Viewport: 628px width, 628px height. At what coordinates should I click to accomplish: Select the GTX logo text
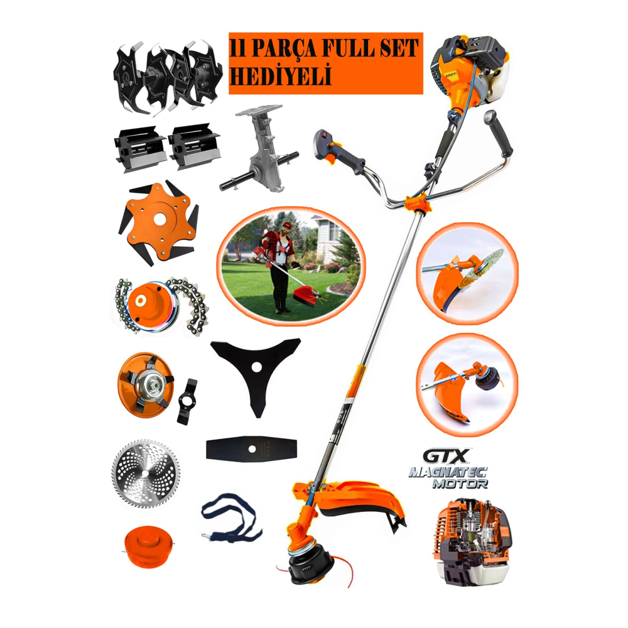(x=446, y=456)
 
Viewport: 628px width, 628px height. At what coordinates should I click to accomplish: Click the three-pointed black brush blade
(x=255, y=371)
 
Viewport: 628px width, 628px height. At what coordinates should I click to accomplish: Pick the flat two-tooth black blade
(x=251, y=449)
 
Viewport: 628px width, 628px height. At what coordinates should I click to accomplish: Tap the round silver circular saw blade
(x=146, y=474)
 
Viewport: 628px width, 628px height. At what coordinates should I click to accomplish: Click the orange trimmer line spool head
(x=148, y=547)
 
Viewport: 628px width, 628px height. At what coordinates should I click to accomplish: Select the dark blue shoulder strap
(x=231, y=517)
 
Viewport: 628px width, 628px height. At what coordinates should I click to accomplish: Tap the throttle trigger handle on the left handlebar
(x=339, y=152)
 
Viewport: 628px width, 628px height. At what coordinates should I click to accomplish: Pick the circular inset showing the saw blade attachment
(x=467, y=273)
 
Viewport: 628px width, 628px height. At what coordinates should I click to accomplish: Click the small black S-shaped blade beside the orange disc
(x=187, y=401)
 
